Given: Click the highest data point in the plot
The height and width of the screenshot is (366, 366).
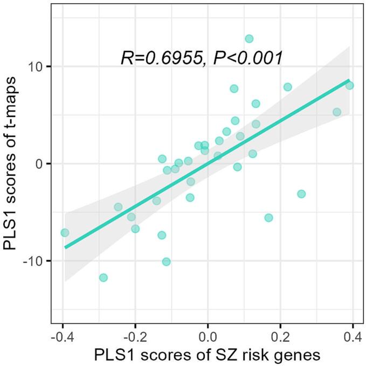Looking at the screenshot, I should (x=249, y=39).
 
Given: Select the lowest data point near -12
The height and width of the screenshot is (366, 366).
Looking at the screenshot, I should (x=103, y=278).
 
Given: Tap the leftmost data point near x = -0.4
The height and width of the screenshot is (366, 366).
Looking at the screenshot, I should (x=65, y=233).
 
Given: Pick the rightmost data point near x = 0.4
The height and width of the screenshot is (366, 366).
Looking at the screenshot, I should (x=349, y=85).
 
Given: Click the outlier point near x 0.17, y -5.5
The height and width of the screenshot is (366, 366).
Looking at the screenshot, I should (x=268, y=218).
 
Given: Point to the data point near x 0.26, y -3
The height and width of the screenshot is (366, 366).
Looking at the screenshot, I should (x=301, y=194).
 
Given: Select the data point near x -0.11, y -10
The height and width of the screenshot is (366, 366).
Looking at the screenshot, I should (x=167, y=261).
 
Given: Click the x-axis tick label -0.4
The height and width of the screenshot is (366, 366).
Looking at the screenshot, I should (x=63, y=338).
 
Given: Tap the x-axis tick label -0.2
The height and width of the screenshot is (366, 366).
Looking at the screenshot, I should (x=135, y=338).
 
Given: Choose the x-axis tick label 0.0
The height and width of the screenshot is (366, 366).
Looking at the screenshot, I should (x=208, y=338).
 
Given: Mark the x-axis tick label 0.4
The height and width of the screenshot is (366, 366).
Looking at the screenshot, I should (x=353, y=338).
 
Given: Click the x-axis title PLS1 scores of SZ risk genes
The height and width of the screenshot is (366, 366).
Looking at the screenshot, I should (x=208, y=356).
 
